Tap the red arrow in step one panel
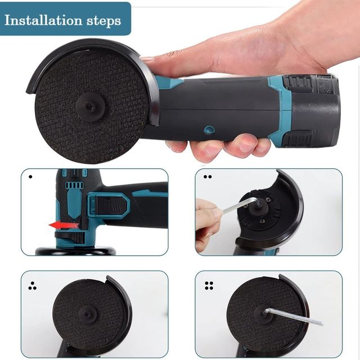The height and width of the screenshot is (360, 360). (63, 226)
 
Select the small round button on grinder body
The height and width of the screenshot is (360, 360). (209, 129)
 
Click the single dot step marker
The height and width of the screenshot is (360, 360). (30, 177)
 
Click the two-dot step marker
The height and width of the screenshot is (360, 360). (208, 177)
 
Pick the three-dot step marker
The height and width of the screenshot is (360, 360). (32, 285)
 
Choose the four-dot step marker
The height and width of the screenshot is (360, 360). (209, 285)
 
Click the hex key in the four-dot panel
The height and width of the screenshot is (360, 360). (292, 316)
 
